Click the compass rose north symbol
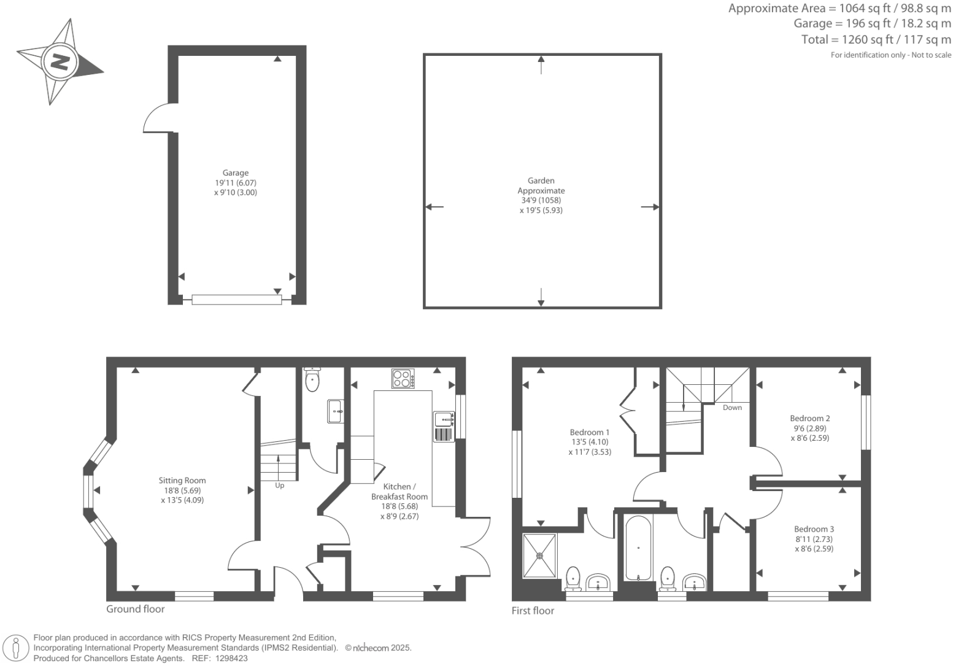[60, 62]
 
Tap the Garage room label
[236, 173]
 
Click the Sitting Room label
[182, 481]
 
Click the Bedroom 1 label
[589, 432]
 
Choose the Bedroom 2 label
[810, 419]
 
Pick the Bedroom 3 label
[814, 529]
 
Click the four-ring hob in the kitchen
[403, 378]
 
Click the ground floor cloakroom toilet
[312, 379]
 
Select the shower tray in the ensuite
[540, 556]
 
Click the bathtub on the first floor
[638, 548]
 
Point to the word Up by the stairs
[279, 486]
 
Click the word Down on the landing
[731, 408]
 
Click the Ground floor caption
[136, 609]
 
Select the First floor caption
[533, 611]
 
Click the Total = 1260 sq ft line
[876, 40]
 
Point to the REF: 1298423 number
[230, 658]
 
